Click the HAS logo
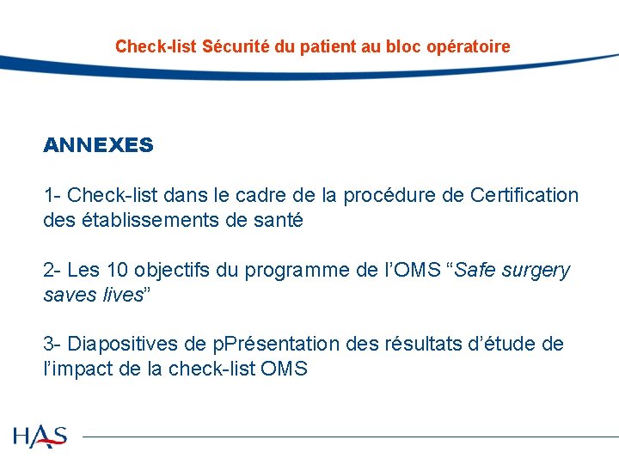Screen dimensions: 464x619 (40, 436)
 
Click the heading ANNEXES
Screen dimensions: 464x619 (98, 145)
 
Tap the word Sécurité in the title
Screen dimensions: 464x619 (237, 46)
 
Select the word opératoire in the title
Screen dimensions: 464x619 (469, 46)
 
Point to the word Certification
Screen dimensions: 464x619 (524, 195)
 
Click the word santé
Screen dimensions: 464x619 (279, 220)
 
